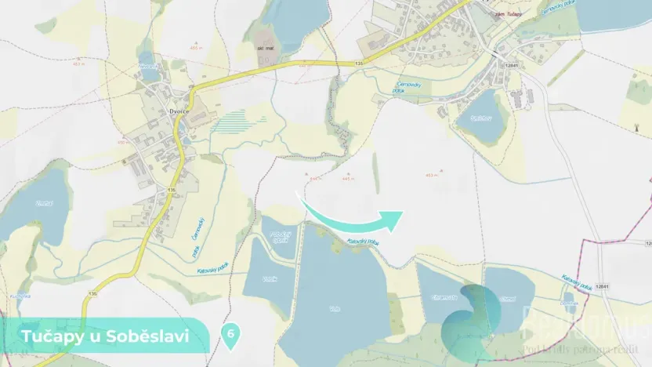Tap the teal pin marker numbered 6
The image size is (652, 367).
[x=231, y=334]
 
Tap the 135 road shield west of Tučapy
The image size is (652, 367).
[x=359, y=63]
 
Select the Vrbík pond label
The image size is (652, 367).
[x=270, y=279]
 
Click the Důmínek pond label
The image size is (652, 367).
[x=570, y=303]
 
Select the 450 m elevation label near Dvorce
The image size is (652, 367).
[x=122, y=142]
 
